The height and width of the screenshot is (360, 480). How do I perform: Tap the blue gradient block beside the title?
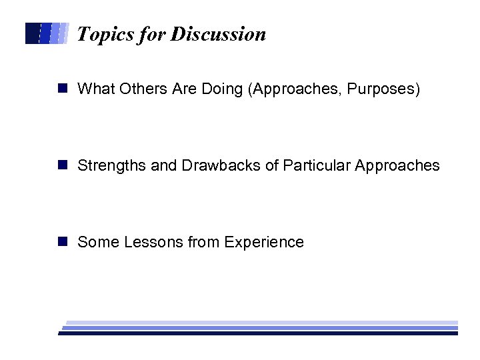click(47, 33)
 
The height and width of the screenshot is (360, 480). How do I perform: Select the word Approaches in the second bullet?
click(398, 165)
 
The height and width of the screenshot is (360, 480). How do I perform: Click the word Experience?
click(264, 242)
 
